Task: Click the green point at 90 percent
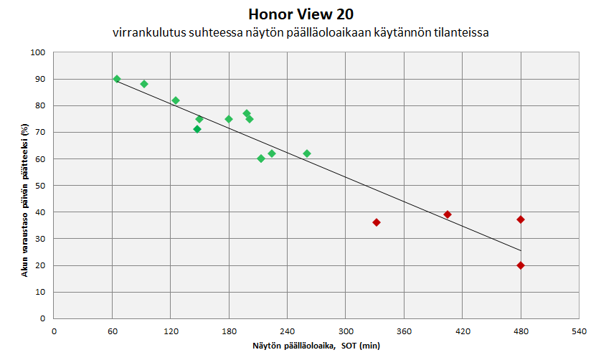coord(117,79)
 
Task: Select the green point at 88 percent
coord(144,84)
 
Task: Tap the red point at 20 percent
coord(521,265)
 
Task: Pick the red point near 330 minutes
coord(377,222)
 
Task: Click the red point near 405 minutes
coord(448,214)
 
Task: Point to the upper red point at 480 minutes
coord(521,219)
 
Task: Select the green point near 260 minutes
coord(307,153)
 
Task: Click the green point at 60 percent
coord(261,158)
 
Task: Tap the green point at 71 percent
coord(197,129)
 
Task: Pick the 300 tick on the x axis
coord(346,331)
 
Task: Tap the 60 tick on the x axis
coord(112,331)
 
